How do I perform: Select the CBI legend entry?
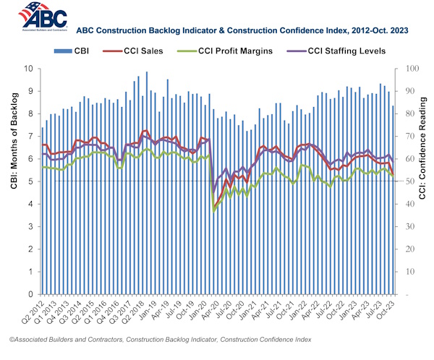[72, 50]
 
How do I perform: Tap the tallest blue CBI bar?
[147, 181]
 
